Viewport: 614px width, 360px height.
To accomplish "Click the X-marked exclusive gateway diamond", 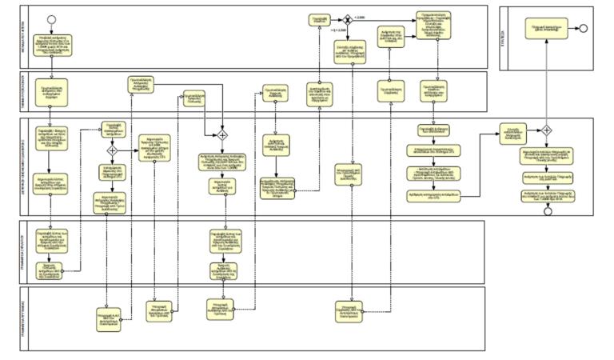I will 349,18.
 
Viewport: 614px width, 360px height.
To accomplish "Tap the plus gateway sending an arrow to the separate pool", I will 548,130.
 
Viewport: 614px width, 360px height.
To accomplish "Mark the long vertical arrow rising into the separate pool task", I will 548,80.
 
